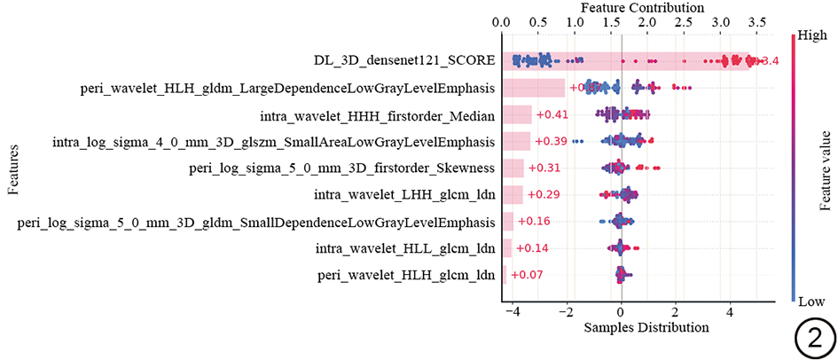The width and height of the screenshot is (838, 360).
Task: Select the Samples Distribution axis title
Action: click(x=646, y=327)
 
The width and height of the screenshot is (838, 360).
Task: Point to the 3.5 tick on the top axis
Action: click(x=757, y=21)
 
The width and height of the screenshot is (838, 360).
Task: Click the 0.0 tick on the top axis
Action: click(x=501, y=21)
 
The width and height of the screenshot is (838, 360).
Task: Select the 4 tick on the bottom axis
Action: click(x=730, y=312)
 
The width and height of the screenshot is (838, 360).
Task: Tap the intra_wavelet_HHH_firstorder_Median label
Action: click(x=377, y=115)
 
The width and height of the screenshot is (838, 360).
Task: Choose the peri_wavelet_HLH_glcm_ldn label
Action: click(x=405, y=276)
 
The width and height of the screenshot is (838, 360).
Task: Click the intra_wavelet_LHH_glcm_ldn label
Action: click(x=405, y=195)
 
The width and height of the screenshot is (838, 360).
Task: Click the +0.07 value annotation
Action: click(x=527, y=276)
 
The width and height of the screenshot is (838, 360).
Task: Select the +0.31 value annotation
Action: click(x=544, y=168)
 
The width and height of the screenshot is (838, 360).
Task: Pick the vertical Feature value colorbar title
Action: click(x=825, y=168)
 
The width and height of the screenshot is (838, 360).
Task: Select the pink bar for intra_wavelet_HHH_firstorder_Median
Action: click(x=517, y=115)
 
